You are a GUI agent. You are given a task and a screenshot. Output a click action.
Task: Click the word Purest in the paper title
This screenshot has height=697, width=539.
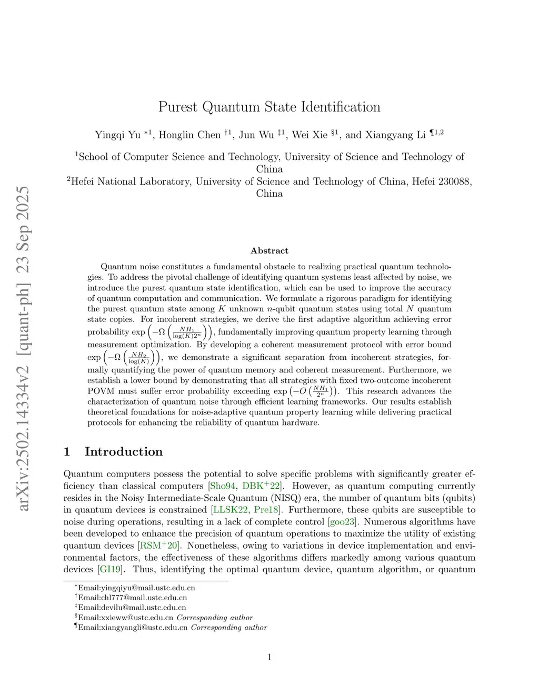point(178,107)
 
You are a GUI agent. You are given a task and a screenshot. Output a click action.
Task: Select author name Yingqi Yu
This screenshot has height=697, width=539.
point(117,135)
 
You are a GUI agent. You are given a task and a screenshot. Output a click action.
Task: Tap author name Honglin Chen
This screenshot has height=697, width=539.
point(189,135)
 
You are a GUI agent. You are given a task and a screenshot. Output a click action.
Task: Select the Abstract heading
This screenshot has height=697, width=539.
point(269,251)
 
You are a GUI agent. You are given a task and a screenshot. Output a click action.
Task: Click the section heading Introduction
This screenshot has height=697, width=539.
point(124,452)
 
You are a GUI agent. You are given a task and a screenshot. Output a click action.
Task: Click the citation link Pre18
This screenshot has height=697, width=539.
point(266,510)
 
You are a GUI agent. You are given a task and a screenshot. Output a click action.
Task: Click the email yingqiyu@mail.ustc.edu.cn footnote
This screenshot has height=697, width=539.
point(136,588)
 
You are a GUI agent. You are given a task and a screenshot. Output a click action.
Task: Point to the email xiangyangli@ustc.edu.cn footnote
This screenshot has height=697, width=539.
point(133,628)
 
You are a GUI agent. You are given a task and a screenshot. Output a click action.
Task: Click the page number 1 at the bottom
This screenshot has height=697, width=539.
point(269,656)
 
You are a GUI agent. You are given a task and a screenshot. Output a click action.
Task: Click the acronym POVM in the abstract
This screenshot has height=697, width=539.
point(100,391)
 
